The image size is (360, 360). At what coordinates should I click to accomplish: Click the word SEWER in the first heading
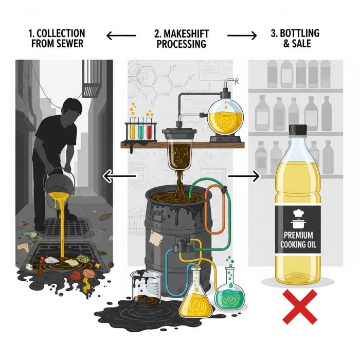(x=71, y=44)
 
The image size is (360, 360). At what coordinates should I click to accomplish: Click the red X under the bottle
(x=300, y=307)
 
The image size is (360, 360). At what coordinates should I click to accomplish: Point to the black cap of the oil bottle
(x=298, y=130)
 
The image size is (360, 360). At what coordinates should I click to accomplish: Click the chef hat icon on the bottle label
(x=298, y=213)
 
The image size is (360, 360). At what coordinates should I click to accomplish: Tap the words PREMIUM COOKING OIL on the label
(x=298, y=240)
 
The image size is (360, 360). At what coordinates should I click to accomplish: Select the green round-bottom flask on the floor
(x=230, y=287)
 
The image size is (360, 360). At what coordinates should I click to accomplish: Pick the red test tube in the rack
(x=149, y=128)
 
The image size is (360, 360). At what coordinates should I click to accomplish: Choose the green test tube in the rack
(x=141, y=128)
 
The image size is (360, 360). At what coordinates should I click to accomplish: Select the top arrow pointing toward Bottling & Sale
(x=242, y=35)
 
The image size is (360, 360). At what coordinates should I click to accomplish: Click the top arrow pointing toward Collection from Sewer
(x=121, y=35)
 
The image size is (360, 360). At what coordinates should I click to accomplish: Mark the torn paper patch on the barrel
(x=156, y=238)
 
